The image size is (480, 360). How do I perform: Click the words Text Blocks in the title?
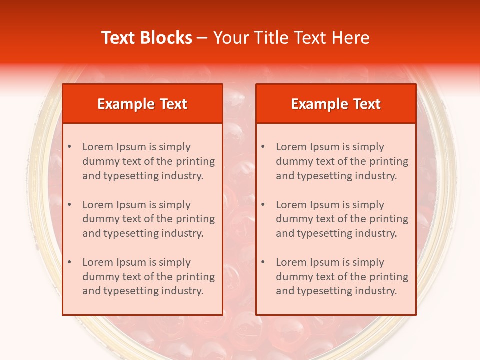coord(147,38)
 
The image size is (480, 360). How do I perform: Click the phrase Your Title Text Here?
coord(291,38)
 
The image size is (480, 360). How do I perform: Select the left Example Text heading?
coord(142,104)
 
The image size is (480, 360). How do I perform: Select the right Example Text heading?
coord(336,104)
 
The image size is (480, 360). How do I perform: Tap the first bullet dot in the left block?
coord(70,147)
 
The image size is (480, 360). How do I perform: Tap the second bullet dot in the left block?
coord(70,205)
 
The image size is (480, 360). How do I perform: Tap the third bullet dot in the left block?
coord(70,262)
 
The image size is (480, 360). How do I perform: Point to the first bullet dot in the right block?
coord(263,147)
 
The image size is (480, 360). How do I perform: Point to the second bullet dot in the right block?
coord(263,205)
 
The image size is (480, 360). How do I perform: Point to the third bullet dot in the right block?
coord(263,262)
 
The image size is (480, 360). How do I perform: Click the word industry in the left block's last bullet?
coord(183,291)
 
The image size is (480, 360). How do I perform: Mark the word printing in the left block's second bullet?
coord(195,219)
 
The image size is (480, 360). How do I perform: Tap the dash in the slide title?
coord(202,38)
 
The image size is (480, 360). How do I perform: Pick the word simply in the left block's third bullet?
coord(174,262)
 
